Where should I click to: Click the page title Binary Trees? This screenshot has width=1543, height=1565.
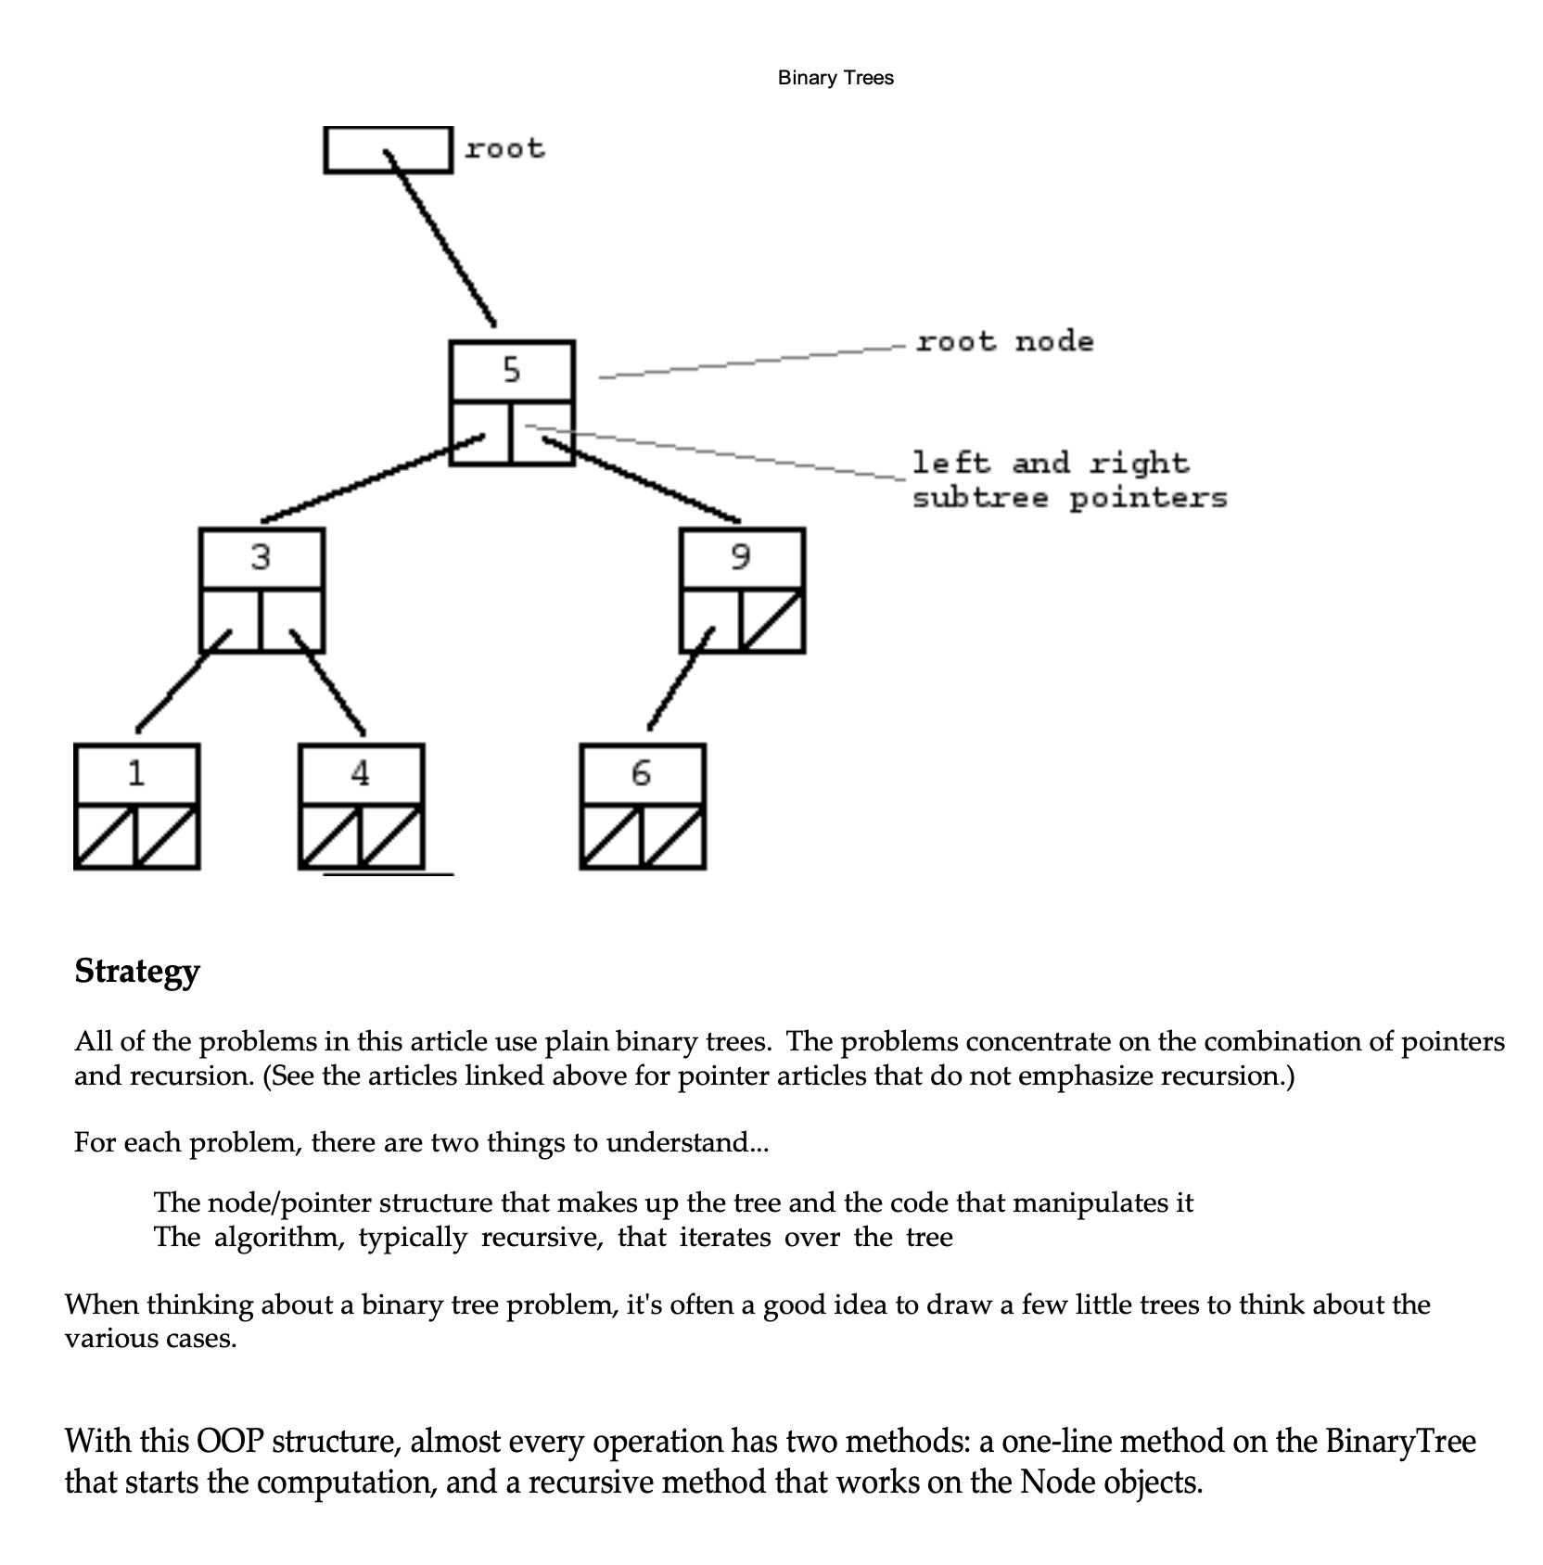coord(835,78)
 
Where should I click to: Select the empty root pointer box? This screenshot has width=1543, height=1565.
coord(388,150)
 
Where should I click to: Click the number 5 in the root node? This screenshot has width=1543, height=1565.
coord(512,371)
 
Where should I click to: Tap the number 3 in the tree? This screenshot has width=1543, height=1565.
coord(261,557)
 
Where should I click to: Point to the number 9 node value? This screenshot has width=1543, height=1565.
coord(740,557)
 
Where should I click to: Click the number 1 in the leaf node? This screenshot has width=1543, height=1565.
coord(136,773)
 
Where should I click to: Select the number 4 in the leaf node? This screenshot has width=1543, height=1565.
coord(361,773)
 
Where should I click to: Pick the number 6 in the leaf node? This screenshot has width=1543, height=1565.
coord(641,773)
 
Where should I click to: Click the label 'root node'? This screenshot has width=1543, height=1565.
coord(1004,342)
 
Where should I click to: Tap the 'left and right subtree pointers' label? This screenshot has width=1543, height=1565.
coord(1068,480)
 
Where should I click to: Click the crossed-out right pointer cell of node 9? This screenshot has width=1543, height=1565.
coord(772,621)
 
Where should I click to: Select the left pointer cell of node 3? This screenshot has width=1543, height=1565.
coord(231,620)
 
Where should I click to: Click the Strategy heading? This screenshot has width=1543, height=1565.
coord(137,971)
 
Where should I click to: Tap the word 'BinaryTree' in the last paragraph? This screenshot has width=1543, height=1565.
coord(1400,1441)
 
